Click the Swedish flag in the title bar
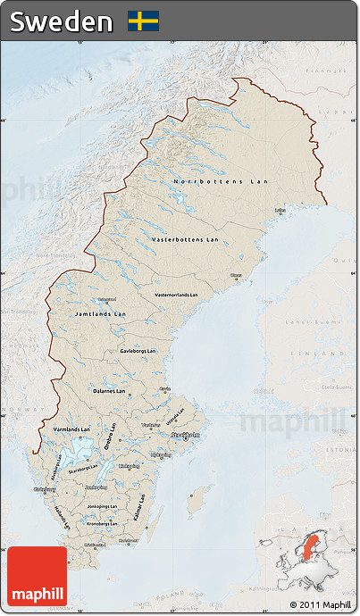point(143,21)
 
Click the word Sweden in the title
point(62,21)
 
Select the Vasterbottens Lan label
point(185,239)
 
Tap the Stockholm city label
point(187,436)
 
